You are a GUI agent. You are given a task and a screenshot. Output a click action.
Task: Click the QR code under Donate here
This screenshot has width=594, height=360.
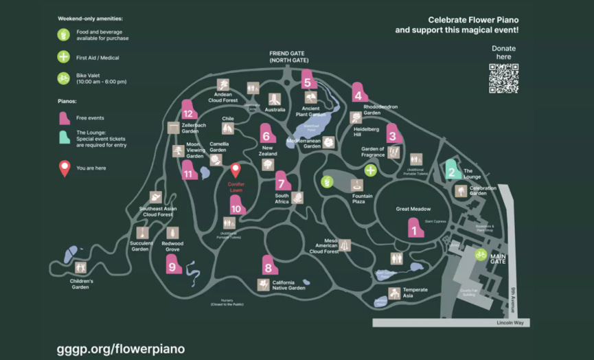tap(503, 78)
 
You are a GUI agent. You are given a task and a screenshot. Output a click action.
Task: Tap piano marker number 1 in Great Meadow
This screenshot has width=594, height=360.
tap(414, 228)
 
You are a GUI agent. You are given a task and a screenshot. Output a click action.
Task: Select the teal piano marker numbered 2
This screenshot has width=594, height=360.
tap(452, 170)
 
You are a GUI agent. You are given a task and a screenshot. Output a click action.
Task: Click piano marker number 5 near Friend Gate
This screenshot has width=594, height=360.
tap(307, 80)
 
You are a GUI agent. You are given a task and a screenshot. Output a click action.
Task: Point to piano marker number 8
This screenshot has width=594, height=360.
tap(268, 266)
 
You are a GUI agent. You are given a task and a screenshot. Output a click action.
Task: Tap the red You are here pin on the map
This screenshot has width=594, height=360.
tap(236, 170)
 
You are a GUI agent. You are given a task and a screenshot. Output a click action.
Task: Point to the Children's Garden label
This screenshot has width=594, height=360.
tap(80, 284)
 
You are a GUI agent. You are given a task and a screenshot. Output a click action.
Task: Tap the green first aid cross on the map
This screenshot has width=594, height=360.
tap(371, 170)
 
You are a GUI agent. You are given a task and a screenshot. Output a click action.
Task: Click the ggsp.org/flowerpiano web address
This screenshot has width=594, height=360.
tap(120, 348)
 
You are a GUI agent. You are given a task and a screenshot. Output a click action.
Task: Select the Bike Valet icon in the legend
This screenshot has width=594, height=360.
tap(64, 78)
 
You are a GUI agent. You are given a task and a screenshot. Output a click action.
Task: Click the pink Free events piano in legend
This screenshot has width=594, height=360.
tap(64, 117)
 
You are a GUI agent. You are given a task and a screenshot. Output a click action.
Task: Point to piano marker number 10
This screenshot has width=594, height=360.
tap(236, 206)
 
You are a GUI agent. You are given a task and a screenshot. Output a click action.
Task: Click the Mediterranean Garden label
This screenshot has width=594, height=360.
tap(304, 143)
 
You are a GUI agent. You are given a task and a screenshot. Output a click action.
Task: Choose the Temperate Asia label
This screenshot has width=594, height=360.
tap(415, 293)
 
